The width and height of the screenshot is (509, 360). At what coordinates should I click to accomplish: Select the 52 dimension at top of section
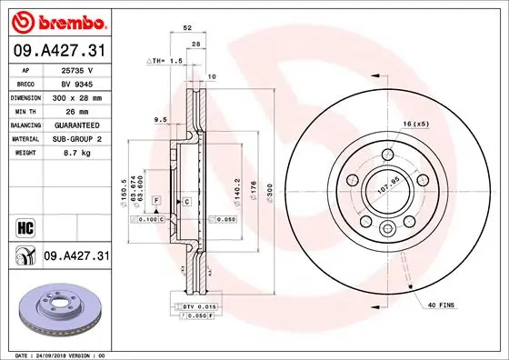point(187,29)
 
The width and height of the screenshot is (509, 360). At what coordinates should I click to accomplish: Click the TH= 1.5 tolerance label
point(166,60)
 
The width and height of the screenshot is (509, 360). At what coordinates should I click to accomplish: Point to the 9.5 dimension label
point(161,119)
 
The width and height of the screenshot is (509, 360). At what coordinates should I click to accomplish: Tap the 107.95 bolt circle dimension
point(389,192)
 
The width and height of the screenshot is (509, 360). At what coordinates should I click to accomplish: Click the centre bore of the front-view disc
point(386,192)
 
